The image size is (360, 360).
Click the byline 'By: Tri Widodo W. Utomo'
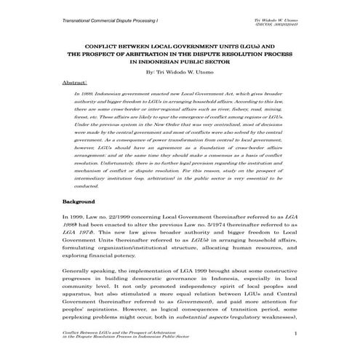coord(180,73)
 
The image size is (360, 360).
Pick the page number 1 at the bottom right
coord(296,333)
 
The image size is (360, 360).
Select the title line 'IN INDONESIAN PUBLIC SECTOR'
coord(180,61)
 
